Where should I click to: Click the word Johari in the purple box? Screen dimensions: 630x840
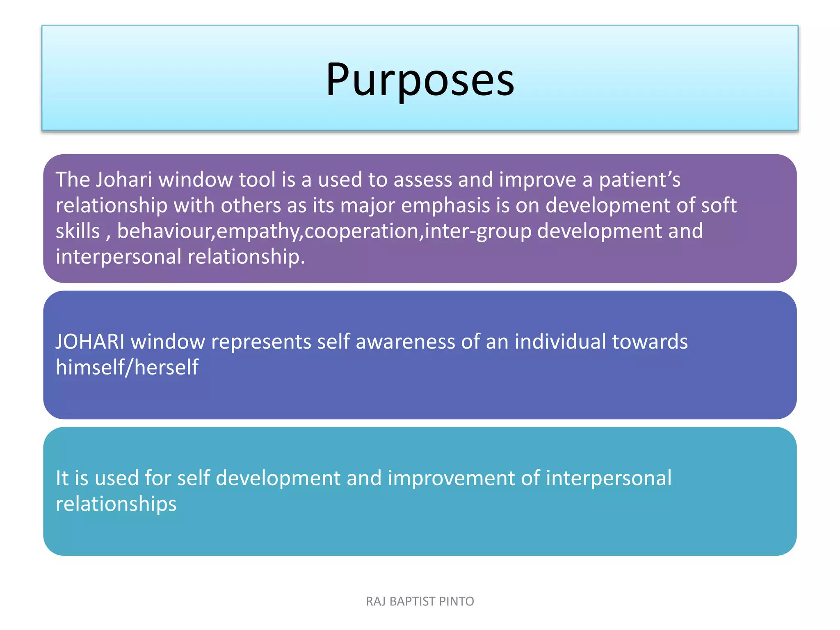(123, 180)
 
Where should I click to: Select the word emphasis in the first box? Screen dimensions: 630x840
(445, 205)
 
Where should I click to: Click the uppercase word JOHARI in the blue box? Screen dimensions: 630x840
(90, 342)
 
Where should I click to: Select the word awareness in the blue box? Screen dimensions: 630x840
(405, 342)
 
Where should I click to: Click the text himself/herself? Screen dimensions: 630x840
(127, 367)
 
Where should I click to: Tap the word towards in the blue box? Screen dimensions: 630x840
(650, 342)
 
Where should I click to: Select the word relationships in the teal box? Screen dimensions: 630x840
(116, 504)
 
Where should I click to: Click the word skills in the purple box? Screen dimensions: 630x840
(78, 231)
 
